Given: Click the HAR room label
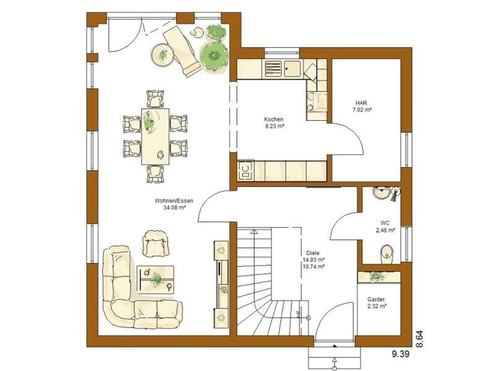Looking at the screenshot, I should [x=362, y=103].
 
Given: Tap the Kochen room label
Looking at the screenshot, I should [x=274, y=119].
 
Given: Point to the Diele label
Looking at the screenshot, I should [x=313, y=253].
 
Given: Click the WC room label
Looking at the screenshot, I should [x=385, y=223].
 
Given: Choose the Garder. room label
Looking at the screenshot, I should [x=377, y=299].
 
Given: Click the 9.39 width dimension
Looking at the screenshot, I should [x=401, y=354].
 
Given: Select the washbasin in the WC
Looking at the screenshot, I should [x=382, y=193].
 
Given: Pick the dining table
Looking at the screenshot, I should [x=155, y=136].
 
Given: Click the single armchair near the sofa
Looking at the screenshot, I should [x=156, y=243].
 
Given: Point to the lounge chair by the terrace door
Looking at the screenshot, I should [x=181, y=50].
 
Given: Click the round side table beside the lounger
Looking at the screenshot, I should [x=161, y=54].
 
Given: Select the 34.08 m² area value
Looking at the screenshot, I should [x=175, y=208].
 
